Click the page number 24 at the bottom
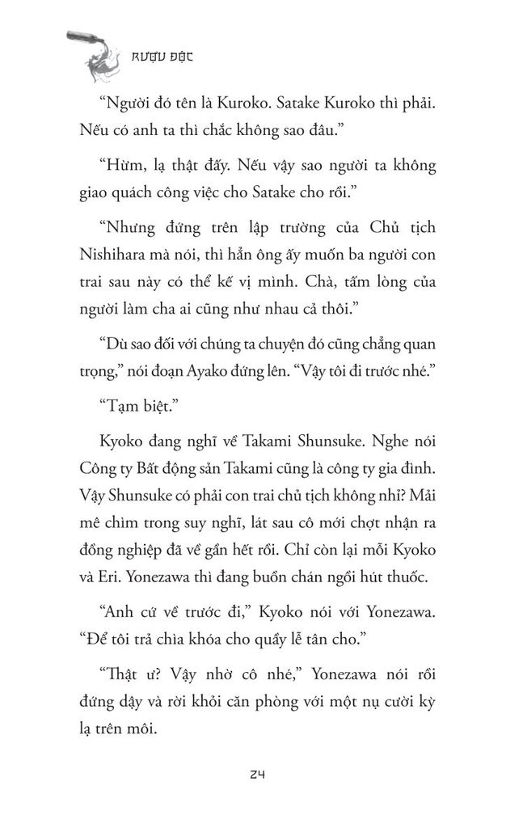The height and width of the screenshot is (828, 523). pos(258,774)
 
